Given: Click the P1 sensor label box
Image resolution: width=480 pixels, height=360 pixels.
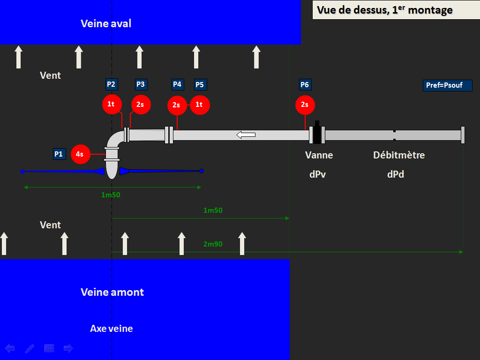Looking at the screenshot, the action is click(60, 154).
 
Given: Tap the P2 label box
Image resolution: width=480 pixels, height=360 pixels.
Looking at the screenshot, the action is click(112, 84).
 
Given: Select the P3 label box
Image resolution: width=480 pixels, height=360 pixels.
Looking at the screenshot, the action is click(141, 84).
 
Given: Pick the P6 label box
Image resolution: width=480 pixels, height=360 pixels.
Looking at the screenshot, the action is click(305, 85).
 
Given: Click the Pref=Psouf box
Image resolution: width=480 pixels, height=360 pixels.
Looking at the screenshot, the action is click(447, 85).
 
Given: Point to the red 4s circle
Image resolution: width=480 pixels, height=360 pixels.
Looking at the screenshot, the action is click(81, 154).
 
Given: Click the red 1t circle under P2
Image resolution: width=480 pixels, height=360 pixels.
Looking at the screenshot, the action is click(112, 105).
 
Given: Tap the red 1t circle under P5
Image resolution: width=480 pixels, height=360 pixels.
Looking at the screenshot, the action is click(200, 105).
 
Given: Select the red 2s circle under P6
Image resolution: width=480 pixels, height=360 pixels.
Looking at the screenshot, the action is click(305, 105).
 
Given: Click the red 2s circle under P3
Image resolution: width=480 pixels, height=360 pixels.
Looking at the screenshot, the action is click(141, 105).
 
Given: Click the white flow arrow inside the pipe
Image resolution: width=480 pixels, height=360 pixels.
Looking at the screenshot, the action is click(246, 135).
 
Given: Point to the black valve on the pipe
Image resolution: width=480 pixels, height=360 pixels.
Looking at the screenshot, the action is click(317, 133).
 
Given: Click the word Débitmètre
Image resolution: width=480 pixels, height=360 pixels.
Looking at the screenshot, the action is click(399, 155).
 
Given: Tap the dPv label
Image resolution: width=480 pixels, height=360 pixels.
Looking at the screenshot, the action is click(317, 174).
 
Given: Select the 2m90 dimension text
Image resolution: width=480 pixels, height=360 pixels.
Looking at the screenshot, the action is click(213, 244).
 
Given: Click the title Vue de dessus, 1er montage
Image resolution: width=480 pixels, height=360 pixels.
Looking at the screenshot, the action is click(384, 10).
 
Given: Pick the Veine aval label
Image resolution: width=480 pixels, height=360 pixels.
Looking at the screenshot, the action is click(106, 23).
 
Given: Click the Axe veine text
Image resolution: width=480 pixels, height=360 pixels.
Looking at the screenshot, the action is click(112, 329).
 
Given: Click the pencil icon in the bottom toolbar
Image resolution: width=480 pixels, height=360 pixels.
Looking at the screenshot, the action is click(30, 348).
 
